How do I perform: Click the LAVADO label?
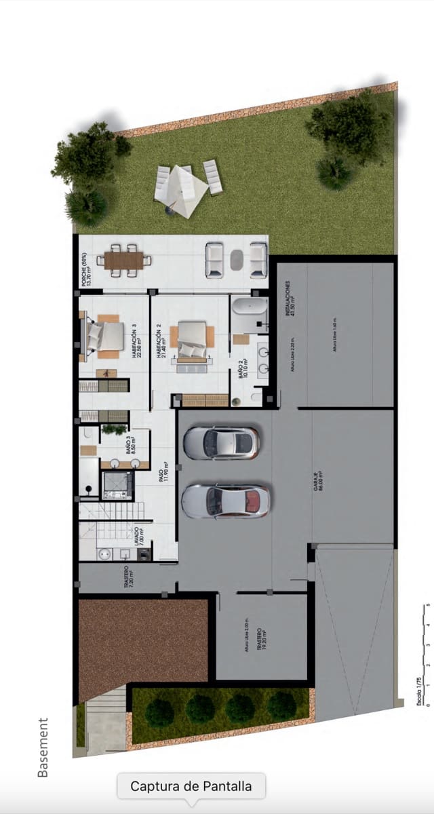[x=138, y=538]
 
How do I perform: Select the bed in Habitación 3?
[x=105, y=335]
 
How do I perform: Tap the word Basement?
[x=43, y=747]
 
